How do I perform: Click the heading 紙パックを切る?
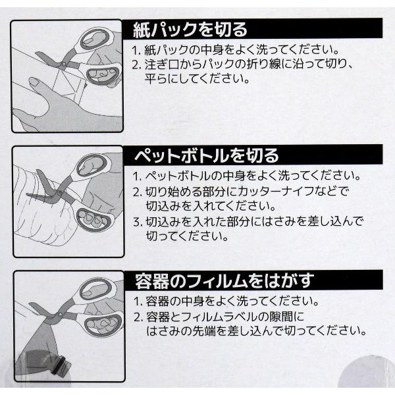coord(190,30)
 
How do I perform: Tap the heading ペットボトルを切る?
coord(207,155)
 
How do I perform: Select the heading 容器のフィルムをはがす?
coord(224,280)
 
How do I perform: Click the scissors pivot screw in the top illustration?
coord(63,65)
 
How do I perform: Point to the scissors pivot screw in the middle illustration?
coord(59,193)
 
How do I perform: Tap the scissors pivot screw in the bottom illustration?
coord(60,315)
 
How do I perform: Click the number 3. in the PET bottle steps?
coord(138,223)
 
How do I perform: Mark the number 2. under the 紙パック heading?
coord(137,65)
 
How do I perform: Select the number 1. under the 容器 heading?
coord(138,302)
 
